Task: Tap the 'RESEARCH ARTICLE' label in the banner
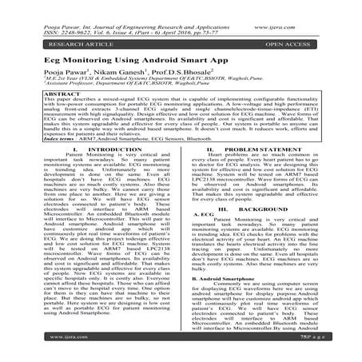coord(55,38)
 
